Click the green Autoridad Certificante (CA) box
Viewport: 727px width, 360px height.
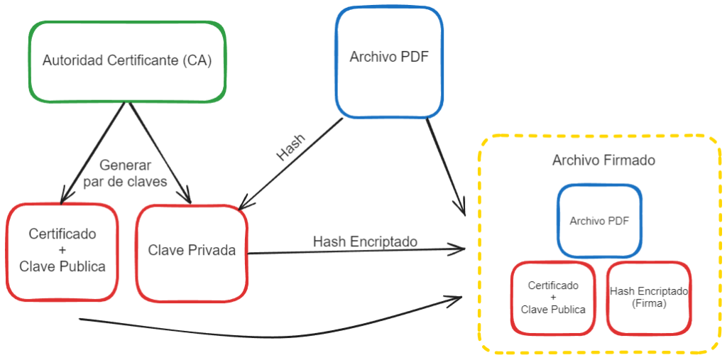pos(128,60)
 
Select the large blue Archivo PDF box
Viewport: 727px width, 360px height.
pos(389,61)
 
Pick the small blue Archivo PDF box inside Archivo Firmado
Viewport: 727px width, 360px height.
pos(599,221)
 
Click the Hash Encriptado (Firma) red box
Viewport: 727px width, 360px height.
pos(649,298)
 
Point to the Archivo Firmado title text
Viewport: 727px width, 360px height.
pos(603,160)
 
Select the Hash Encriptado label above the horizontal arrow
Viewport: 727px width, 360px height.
pos(365,241)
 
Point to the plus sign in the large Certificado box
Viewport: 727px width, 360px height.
pos(62,250)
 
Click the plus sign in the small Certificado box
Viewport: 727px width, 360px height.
pos(553,298)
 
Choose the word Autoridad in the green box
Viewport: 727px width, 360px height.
pos(72,61)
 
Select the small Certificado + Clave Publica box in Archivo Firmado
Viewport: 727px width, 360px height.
pos(553,298)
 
